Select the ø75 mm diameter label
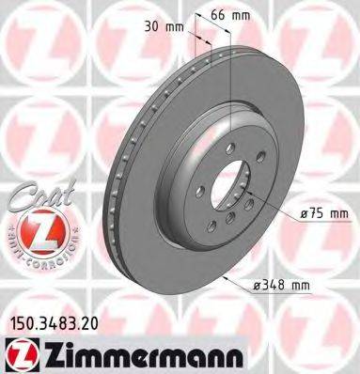[x=321, y=213]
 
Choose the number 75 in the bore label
[x=316, y=213]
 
